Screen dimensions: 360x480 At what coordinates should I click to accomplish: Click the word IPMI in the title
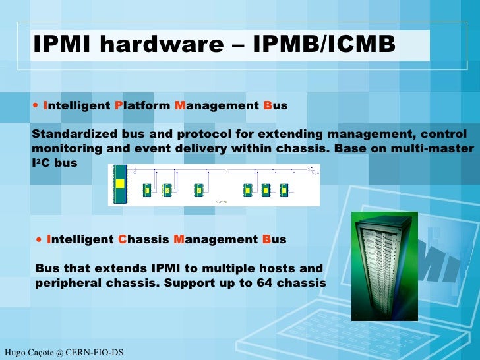click(x=57, y=44)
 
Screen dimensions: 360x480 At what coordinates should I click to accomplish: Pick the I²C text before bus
click(x=40, y=162)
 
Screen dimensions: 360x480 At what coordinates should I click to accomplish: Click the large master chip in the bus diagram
click(x=120, y=185)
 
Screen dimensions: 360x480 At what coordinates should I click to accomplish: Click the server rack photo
click(x=384, y=264)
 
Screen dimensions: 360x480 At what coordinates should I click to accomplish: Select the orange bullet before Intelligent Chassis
click(x=41, y=239)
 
